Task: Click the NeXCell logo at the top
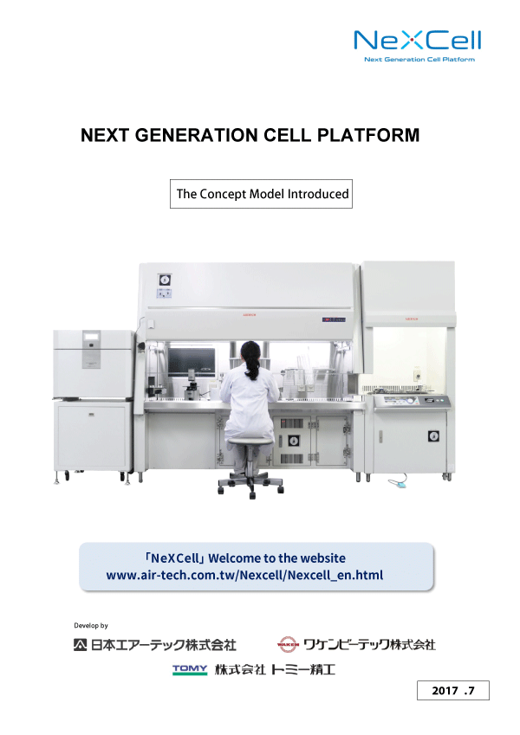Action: [x=417, y=41]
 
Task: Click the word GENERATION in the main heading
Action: [x=197, y=135]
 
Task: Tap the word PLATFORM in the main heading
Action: [x=368, y=135]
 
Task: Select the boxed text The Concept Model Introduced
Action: [x=261, y=194]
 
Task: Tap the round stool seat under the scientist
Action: [x=250, y=442]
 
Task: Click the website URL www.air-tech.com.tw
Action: [x=244, y=575]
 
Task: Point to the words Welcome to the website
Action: [x=276, y=558]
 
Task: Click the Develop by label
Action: [x=91, y=625]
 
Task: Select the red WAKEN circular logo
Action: [x=288, y=644]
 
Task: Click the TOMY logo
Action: [x=190, y=669]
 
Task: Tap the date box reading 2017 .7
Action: [x=453, y=690]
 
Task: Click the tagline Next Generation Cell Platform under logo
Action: [x=419, y=60]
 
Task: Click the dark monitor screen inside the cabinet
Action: [x=191, y=361]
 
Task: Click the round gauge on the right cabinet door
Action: [x=433, y=436]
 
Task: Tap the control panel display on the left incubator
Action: [x=92, y=336]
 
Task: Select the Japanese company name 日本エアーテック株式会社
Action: [x=155, y=645]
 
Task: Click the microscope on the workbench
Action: [x=191, y=384]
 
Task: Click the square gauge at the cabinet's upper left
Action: [x=165, y=280]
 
